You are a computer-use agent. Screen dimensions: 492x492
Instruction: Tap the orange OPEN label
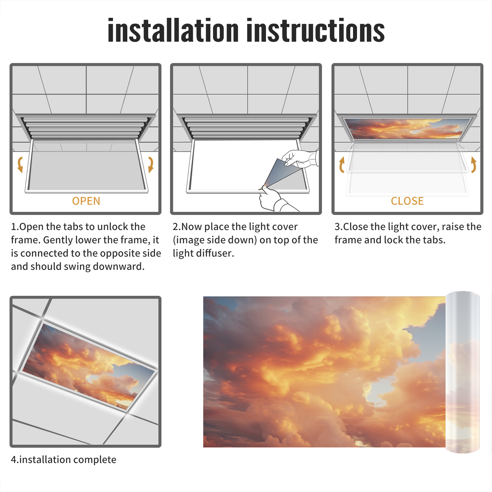tap(86, 201)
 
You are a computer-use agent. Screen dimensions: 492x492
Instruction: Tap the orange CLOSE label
tap(407, 201)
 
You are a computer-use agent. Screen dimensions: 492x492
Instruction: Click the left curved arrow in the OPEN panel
tap(20, 165)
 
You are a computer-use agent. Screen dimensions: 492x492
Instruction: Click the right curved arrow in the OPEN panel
tap(151, 165)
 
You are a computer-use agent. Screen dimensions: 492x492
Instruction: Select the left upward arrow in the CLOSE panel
tap(341, 165)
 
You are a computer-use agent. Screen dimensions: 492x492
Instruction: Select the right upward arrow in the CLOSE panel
tap(474, 165)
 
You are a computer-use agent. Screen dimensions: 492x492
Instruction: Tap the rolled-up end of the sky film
tap(462, 372)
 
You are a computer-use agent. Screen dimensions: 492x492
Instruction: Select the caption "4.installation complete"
tap(64, 459)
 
